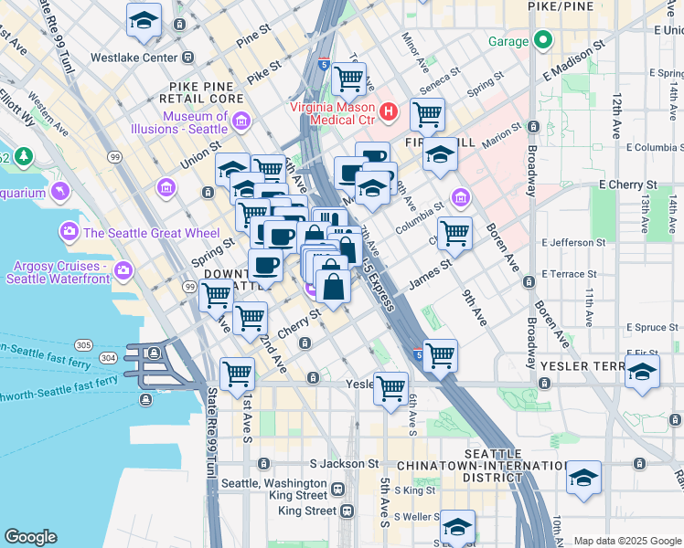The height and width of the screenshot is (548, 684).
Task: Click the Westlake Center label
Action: (x=134, y=57)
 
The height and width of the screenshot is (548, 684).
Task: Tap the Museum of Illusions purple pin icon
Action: (x=242, y=121)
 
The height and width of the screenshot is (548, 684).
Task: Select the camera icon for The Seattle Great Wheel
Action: (x=69, y=232)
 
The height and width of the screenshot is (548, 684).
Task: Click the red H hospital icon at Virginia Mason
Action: (x=389, y=111)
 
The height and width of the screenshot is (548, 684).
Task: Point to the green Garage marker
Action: (x=543, y=40)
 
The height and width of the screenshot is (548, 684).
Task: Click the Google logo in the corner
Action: (x=30, y=537)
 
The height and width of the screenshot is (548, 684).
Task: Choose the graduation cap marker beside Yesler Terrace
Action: (x=643, y=374)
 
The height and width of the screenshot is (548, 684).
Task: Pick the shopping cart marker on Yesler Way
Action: (x=391, y=388)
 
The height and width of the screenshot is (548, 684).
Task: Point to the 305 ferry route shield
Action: (x=84, y=344)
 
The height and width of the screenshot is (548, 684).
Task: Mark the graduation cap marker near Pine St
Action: (x=144, y=21)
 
